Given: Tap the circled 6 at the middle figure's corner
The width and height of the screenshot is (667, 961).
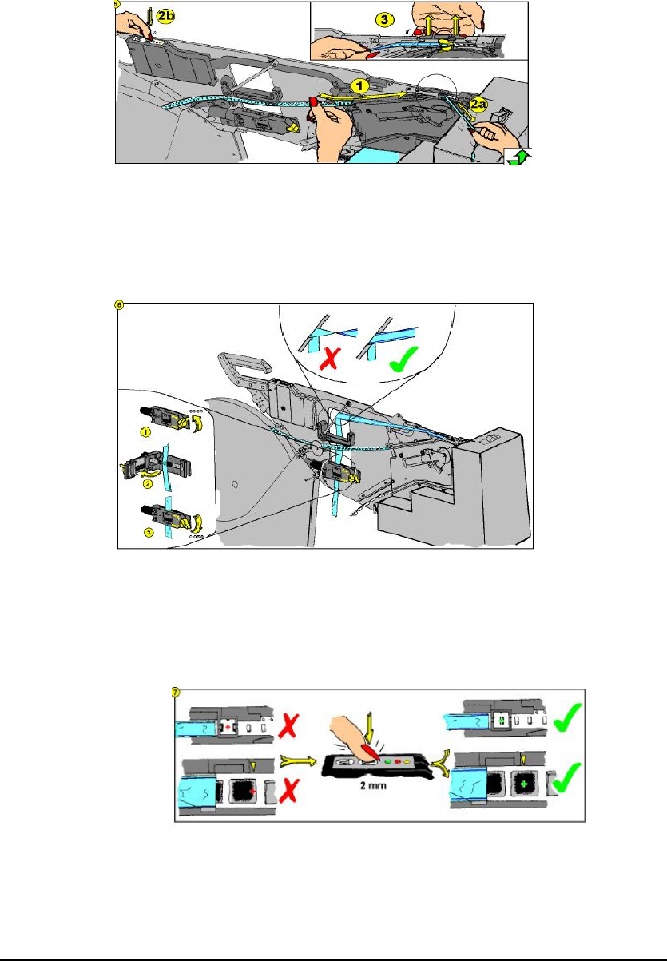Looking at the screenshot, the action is coord(121,305).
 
